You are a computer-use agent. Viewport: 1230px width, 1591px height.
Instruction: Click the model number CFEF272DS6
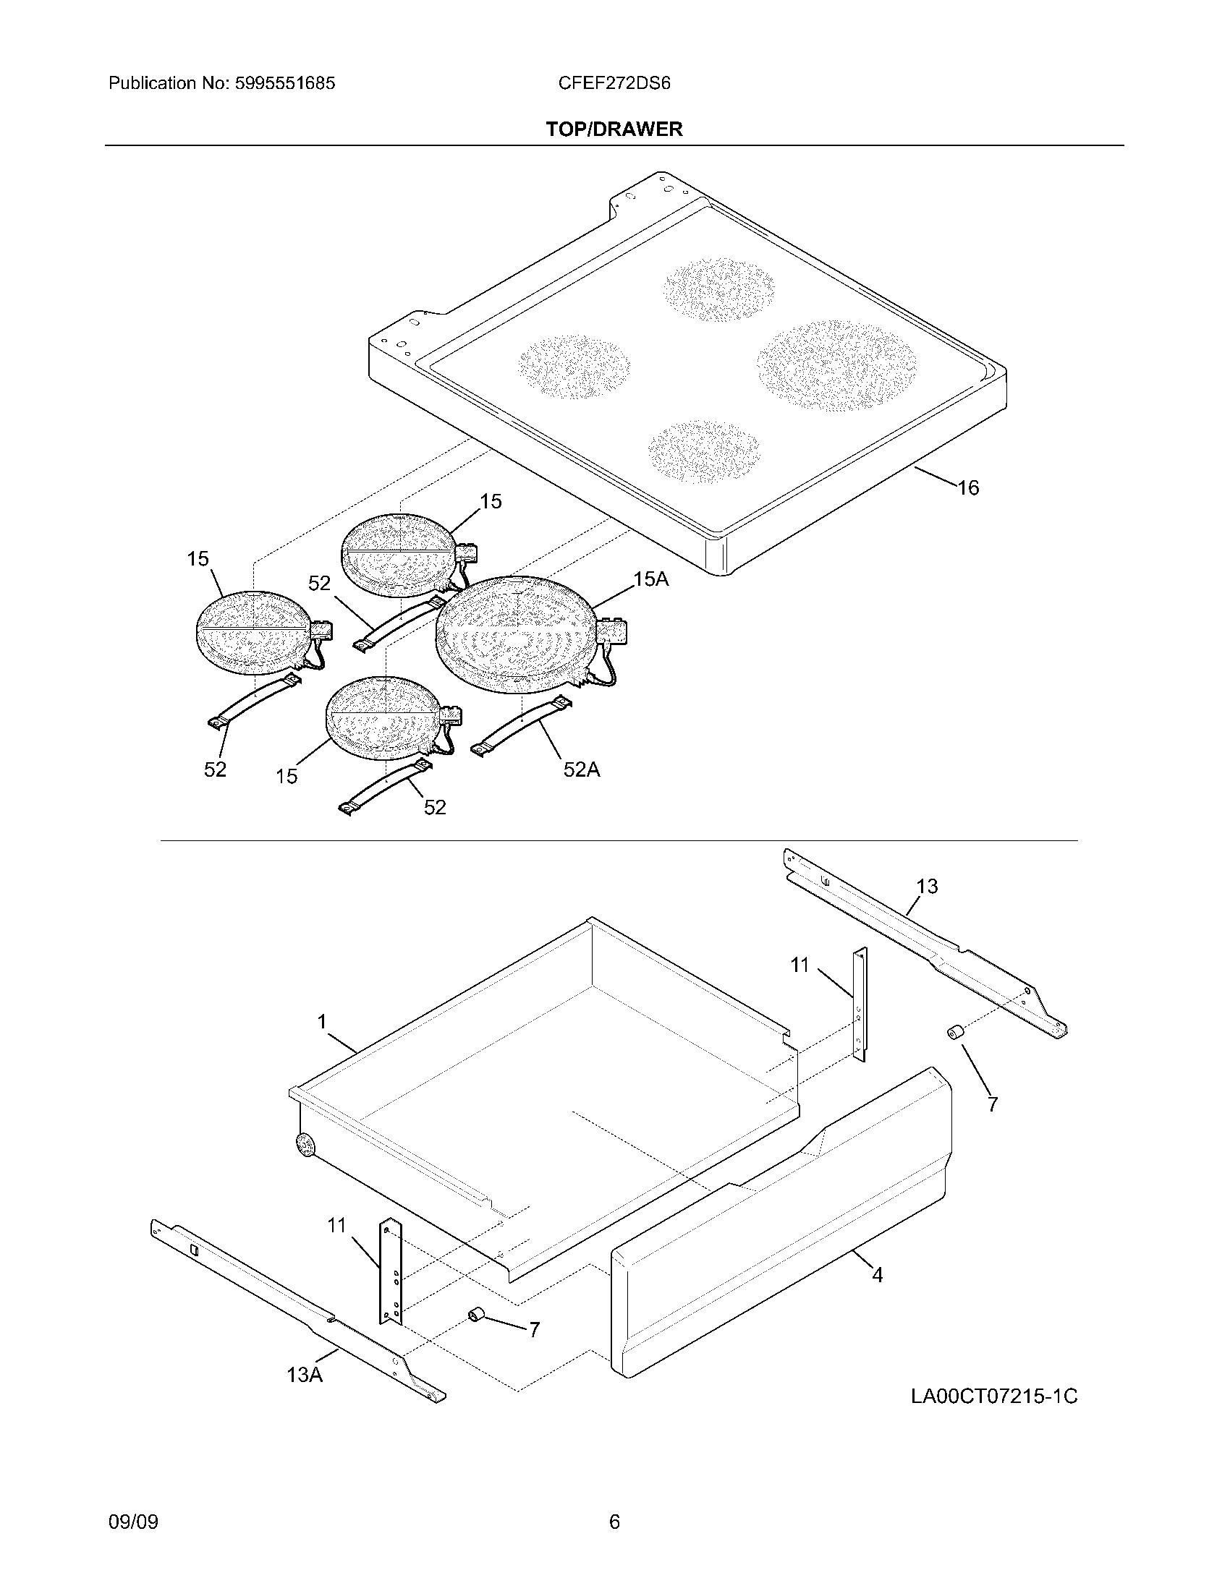(614, 83)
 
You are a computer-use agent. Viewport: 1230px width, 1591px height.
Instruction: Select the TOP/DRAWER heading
(614, 129)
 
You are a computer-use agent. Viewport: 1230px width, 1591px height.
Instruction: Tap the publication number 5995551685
(284, 83)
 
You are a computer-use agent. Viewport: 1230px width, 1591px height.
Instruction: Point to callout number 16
(967, 487)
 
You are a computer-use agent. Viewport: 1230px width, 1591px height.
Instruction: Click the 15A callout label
(650, 579)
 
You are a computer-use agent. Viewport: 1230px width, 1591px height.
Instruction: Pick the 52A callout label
(581, 769)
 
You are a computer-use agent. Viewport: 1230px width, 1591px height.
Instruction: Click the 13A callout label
(304, 1375)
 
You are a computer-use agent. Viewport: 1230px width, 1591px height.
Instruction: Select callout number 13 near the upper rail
(927, 886)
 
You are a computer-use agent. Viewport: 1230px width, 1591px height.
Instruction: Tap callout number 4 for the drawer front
(877, 1275)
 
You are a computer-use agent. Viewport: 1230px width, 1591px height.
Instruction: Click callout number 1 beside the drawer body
(321, 1022)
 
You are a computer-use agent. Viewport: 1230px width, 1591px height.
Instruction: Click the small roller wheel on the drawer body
(305, 1146)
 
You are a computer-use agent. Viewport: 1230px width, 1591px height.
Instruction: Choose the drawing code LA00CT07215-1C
(993, 1396)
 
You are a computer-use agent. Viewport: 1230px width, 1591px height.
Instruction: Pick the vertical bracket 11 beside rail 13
(860, 1004)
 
